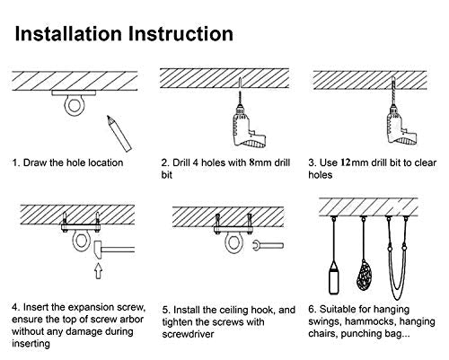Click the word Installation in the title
68,33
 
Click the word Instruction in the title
180,33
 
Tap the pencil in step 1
119,134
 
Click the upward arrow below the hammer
99,270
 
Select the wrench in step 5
268,246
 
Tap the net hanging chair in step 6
365,275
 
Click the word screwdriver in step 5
188,334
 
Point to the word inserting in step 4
31,344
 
